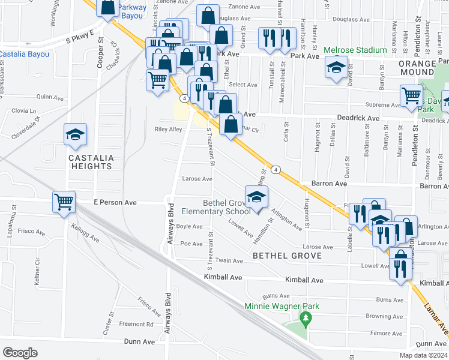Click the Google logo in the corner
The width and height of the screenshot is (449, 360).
click(20, 352)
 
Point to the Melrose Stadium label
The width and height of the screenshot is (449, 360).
click(355, 50)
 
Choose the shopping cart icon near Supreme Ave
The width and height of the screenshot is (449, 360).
click(411, 95)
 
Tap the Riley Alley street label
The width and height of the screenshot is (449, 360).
click(168, 129)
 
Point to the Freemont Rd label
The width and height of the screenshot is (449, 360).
click(136, 324)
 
